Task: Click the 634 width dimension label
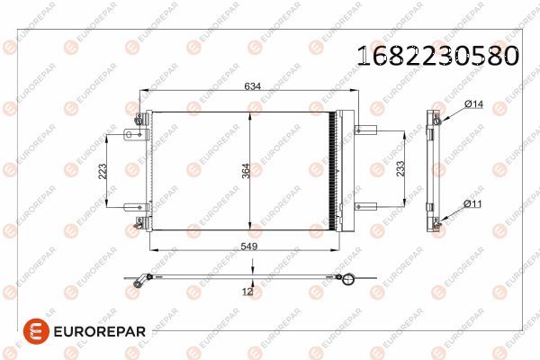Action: [253, 86]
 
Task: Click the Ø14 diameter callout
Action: [474, 105]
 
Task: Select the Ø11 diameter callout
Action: [473, 204]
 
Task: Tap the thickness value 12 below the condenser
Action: [247, 291]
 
